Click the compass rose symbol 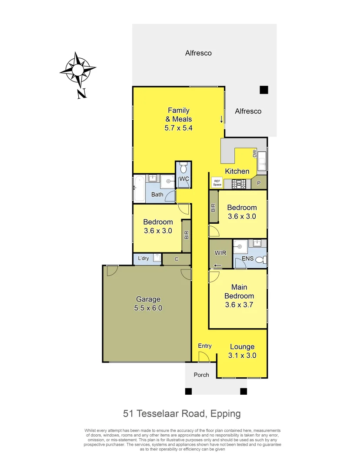(77, 70)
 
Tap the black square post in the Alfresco (264, 90)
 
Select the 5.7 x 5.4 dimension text (178, 128)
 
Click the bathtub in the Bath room (139, 189)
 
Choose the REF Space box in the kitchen (217, 183)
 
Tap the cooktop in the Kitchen (239, 184)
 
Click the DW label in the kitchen (255, 153)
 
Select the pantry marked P (259, 183)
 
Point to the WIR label (220, 253)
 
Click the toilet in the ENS (260, 260)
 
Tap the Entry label (205, 346)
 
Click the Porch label (201, 375)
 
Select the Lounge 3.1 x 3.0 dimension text (243, 355)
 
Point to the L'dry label (143, 258)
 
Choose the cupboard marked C (177, 259)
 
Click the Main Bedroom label (239, 292)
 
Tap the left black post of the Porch (188, 391)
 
